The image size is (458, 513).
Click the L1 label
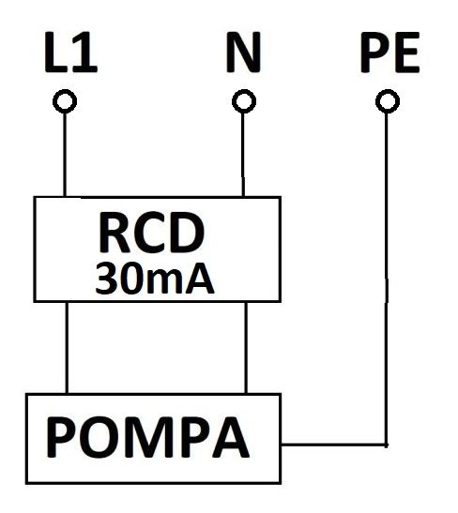[70, 52]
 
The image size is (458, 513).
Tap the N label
[243, 52]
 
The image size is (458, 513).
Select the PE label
[389, 52]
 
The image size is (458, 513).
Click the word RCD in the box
[152, 234]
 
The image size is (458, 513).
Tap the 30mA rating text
[155, 279]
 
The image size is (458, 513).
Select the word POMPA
[147, 437]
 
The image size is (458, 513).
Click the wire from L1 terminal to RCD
[65, 155]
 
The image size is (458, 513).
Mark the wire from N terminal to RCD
[243, 155]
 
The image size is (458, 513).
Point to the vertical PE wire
[387, 279]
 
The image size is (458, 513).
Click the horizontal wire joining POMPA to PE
[334, 445]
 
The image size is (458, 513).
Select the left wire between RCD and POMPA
[67, 348]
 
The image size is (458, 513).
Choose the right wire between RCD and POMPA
[246, 348]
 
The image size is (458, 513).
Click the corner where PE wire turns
[387, 445]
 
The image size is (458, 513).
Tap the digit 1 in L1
[85, 52]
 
